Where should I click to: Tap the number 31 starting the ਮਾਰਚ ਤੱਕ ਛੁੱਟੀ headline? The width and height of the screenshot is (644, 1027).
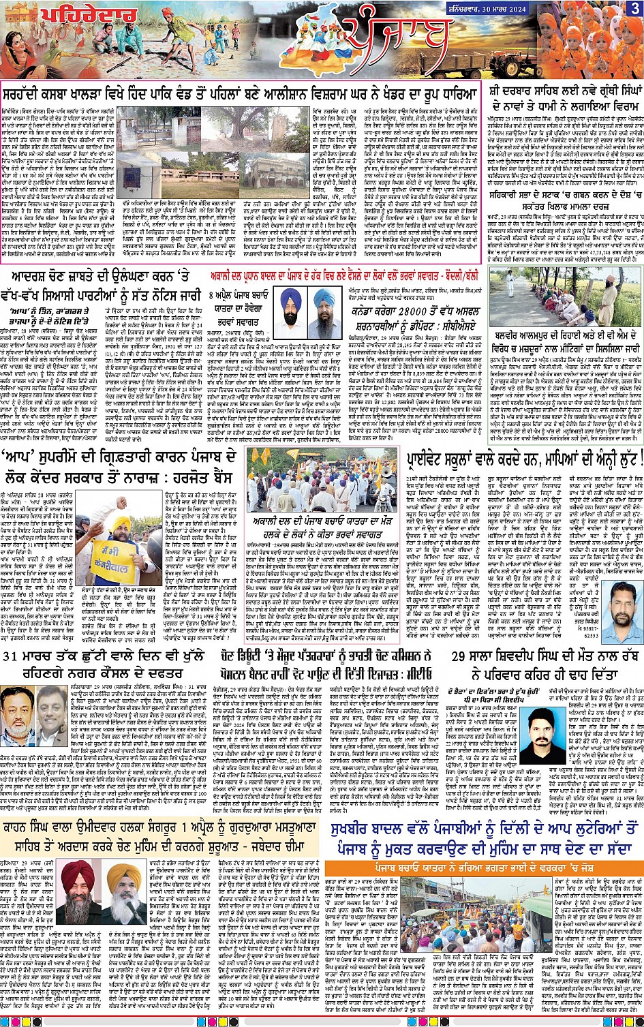tap(15, 656)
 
